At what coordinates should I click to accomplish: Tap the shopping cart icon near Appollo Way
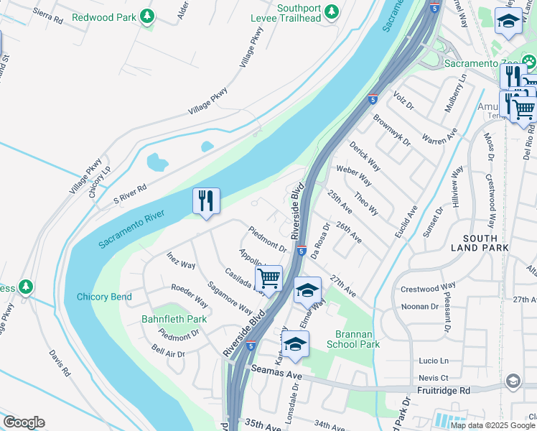(x=268, y=278)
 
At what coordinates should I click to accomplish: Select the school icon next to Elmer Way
(x=307, y=290)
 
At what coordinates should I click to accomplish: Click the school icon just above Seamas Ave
(x=294, y=344)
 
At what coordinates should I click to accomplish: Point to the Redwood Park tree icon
(x=147, y=15)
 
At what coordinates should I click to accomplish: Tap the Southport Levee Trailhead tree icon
(x=331, y=11)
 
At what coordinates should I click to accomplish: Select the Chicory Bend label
(x=103, y=297)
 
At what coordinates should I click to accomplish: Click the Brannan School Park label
(x=358, y=339)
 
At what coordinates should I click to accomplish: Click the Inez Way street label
(x=181, y=260)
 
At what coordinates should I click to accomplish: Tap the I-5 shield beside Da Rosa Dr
(x=302, y=251)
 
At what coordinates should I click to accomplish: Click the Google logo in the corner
(x=24, y=422)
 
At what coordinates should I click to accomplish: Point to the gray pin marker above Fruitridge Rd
(x=513, y=380)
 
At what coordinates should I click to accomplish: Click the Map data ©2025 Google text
(x=492, y=425)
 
